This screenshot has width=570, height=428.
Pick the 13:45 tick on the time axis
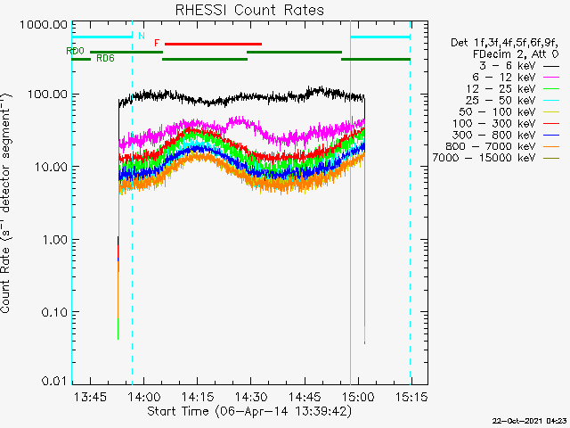pyautogui.click(x=92, y=396)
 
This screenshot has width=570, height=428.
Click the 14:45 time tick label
pyautogui.click(x=305, y=396)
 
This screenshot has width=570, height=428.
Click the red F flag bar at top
pyautogui.click(x=214, y=43)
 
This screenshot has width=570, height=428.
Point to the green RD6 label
pyautogui.click(x=104, y=58)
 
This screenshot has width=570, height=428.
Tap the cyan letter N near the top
pyautogui.click(x=141, y=37)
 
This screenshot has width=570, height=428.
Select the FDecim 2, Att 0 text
pyautogui.click(x=510, y=53)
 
